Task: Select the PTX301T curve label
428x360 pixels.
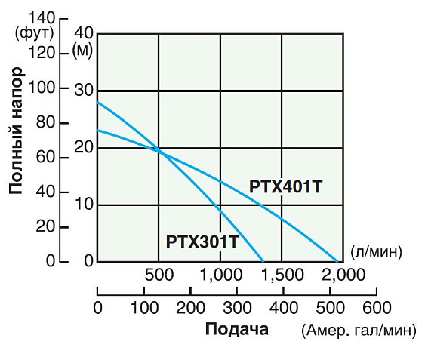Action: click(x=202, y=242)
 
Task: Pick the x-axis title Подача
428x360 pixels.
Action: click(x=236, y=330)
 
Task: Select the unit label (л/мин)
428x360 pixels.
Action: click(x=376, y=251)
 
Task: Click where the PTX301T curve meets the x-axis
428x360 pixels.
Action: click(x=264, y=262)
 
